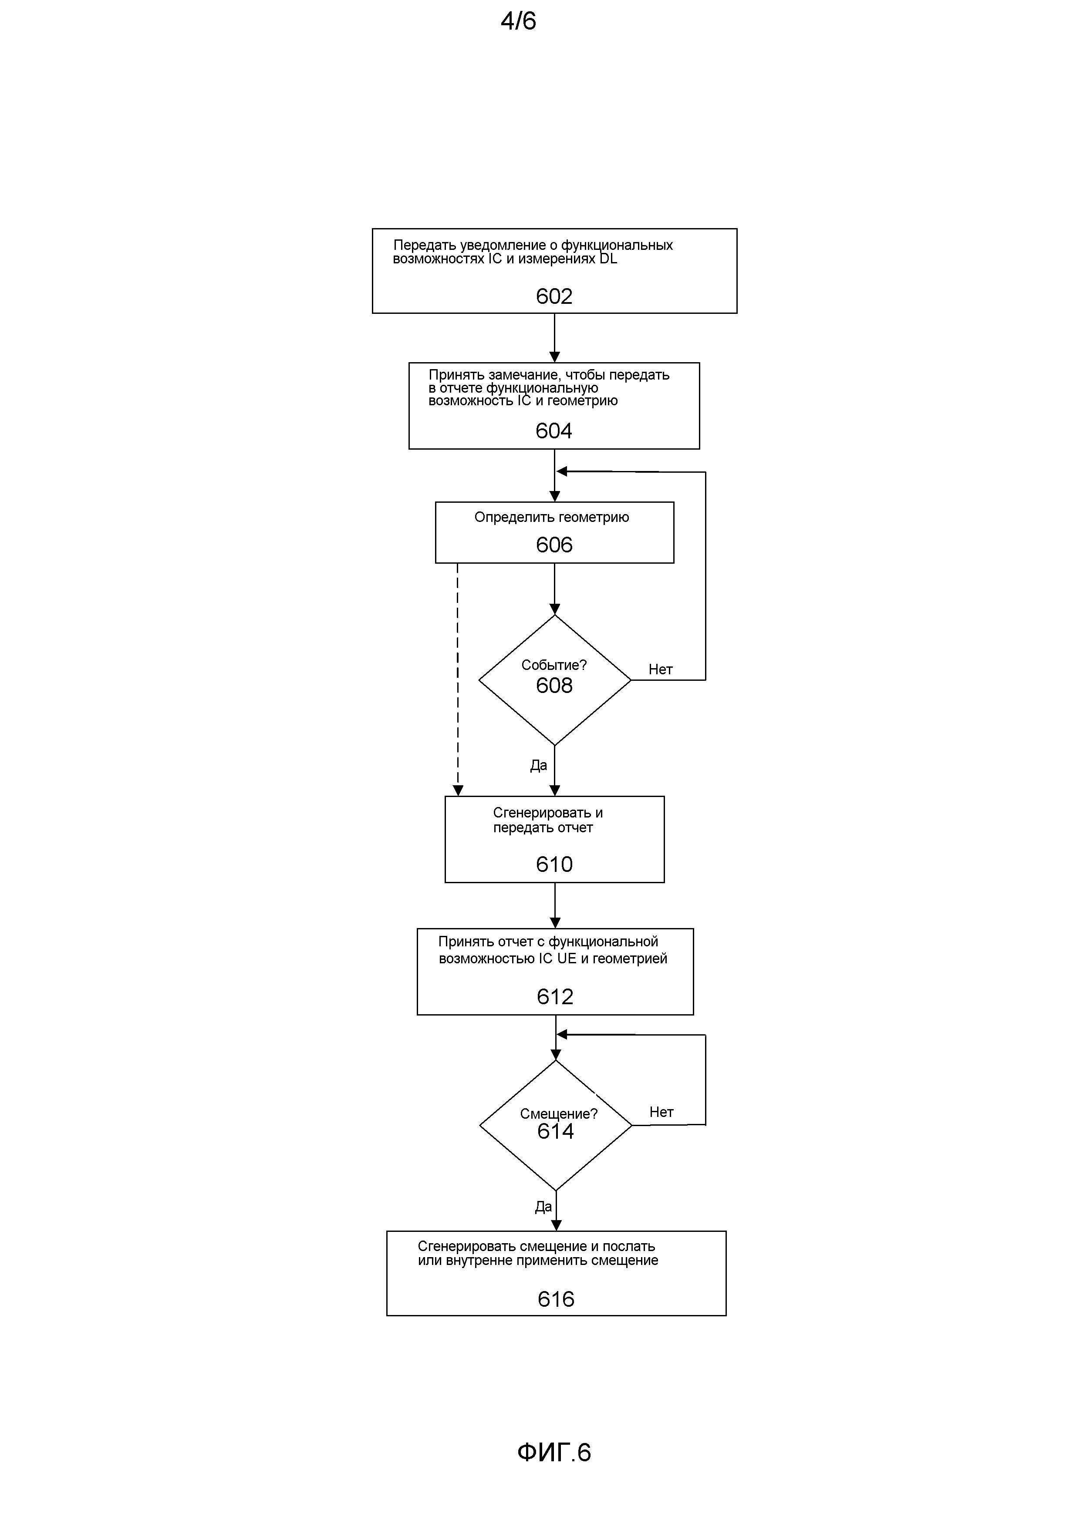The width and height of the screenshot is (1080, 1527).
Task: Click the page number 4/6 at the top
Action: pos(518,21)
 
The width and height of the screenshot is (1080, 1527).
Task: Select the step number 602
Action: pos(554,296)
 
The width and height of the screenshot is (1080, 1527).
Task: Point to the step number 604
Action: pos(553,431)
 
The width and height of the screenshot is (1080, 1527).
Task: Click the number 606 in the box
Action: pos(554,545)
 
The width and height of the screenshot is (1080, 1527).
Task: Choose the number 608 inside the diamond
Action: pos(554,685)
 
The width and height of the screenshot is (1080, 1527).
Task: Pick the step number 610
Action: pos(554,864)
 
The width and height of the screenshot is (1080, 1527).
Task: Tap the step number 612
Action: pos(555,996)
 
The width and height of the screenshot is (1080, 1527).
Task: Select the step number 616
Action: pos(556,1299)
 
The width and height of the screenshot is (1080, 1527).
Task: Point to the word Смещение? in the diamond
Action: pos(559,1114)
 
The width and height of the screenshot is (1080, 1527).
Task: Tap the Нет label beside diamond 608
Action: pos(661,670)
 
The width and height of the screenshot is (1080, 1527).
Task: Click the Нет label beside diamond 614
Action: pos(661,1112)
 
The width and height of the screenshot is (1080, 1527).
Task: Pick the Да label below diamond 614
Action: pos(543,1207)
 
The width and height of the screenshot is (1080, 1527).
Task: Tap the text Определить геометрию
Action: pos(552,518)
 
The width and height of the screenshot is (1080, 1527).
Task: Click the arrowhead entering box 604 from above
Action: pos(554,357)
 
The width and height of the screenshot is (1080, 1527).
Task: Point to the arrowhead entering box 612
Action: pos(555,923)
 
